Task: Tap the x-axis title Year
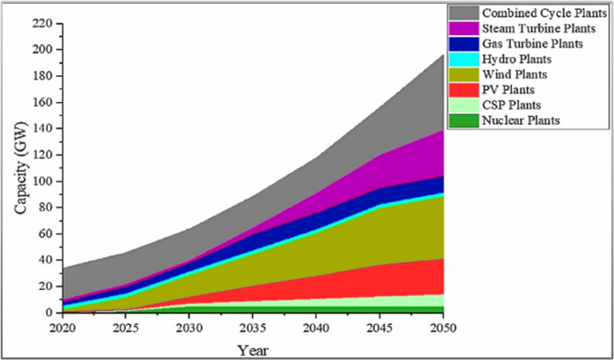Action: (x=252, y=349)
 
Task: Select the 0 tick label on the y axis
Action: (x=49, y=313)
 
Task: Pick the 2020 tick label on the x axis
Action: (x=62, y=328)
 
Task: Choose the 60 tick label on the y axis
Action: (x=46, y=234)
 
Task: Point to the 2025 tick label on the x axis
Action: (x=126, y=328)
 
